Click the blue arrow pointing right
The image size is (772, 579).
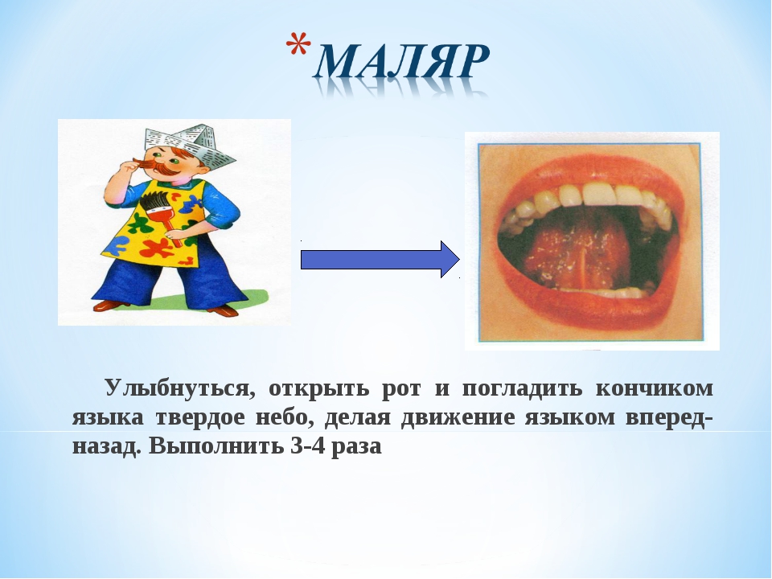coord(380,260)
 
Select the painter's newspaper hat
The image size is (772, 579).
coord(190,146)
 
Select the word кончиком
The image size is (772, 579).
coord(655,388)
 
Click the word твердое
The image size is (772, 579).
coord(200,417)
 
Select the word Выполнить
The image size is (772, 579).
coord(216,446)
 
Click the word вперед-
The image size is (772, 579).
coord(669,417)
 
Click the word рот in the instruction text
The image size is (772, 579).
coord(402,389)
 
